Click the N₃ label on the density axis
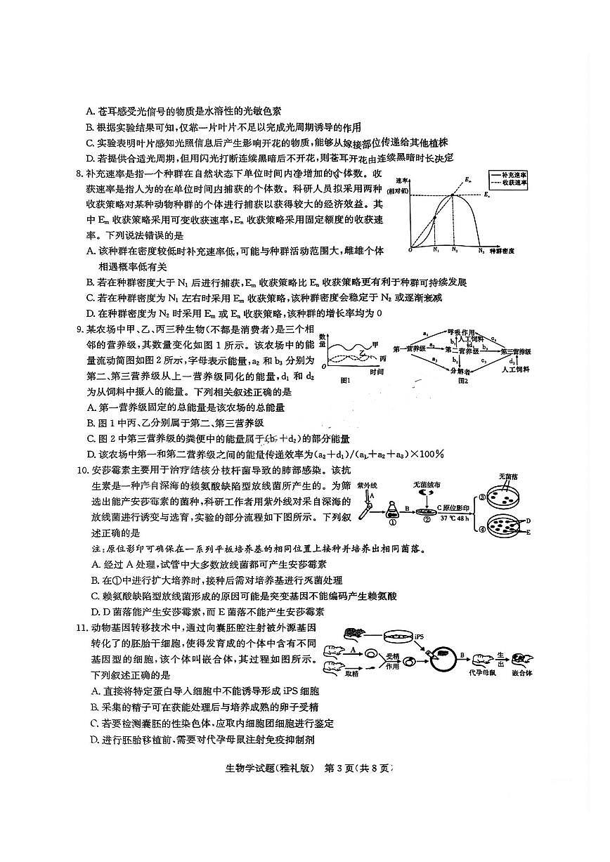point(481,249)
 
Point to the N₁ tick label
point(436,249)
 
